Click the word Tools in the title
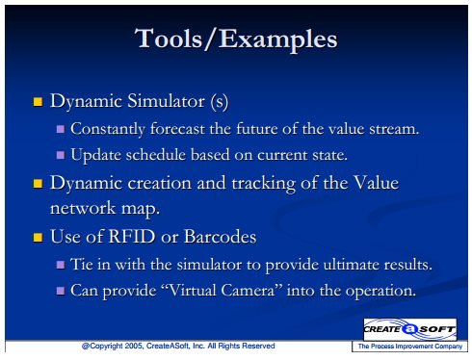click(169, 39)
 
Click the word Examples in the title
click(278, 40)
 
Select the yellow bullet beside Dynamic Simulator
click(38, 102)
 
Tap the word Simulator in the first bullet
click(166, 101)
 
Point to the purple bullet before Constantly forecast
click(61, 129)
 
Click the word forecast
click(177, 129)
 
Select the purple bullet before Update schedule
click(61, 155)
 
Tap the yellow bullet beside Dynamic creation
click(38, 184)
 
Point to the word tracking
click(263, 184)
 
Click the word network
click(83, 208)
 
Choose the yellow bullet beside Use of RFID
click(38, 238)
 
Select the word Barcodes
click(221, 237)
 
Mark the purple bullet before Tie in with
click(61, 265)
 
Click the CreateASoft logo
click(410, 329)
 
